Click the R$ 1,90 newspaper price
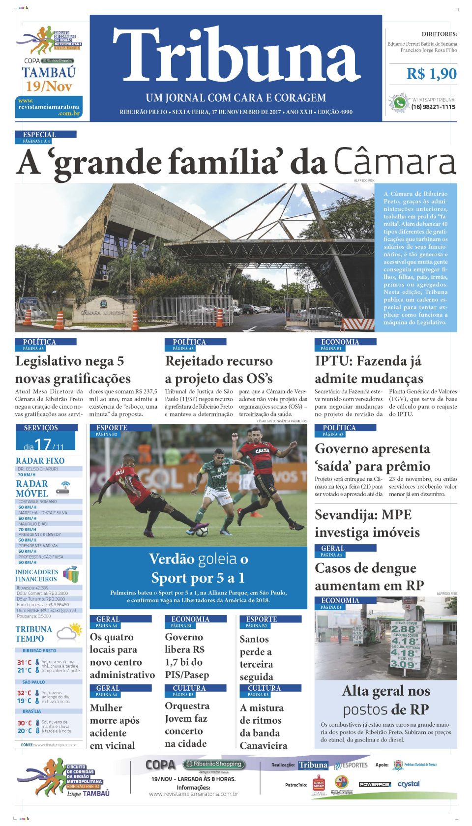[x=431, y=74]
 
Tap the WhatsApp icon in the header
[x=399, y=103]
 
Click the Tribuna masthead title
[x=236, y=55]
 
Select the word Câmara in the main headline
[x=395, y=163]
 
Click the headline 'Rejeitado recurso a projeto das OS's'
[x=219, y=370]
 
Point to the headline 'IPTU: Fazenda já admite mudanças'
[x=369, y=370]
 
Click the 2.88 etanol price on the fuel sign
[x=403, y=629]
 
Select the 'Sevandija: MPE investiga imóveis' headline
[x=367, y=524]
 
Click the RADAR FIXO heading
[x=40, y=461]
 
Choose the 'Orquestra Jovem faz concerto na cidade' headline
[x=187, y=725]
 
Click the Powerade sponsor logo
[x=374, y=784]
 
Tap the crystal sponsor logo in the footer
[x=409, y=784]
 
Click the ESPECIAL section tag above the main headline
[x=39, y=135]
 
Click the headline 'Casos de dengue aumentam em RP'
[x=369, y=577]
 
